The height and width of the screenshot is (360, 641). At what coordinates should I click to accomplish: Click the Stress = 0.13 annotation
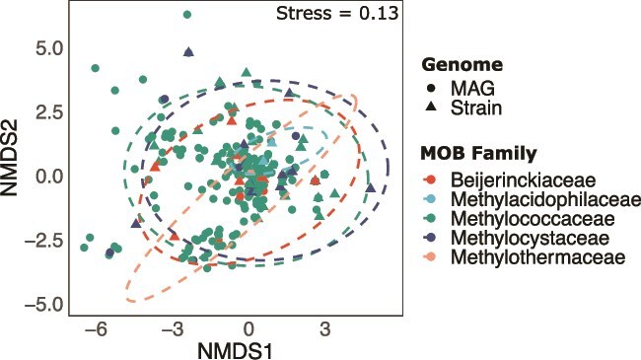[x=337, y=14]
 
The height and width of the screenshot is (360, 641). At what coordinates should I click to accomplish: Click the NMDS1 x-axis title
[x=235, y=350]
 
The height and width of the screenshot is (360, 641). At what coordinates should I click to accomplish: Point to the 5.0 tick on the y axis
[x=49, y=49]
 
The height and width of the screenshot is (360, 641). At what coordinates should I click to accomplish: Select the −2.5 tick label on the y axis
[x=44, y=241]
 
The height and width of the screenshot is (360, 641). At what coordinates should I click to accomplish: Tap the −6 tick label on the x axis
[x=96, y=328]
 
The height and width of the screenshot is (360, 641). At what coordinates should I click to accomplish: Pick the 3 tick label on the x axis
[x=325, y=328]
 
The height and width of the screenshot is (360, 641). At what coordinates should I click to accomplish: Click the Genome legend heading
[x=462, y=65]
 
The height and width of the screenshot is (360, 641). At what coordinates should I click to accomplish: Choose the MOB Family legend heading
[x=478, y=154]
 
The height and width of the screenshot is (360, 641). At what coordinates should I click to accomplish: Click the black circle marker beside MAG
[x=431, y=88]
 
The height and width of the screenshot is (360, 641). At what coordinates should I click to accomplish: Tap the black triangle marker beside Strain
[x=431, y=108]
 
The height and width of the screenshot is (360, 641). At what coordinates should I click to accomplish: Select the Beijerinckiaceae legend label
[x=524, y=180]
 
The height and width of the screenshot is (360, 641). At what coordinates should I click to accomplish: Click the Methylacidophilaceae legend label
[x=545, y=199]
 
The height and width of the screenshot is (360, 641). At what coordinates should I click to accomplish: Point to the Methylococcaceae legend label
[x=533, y=219]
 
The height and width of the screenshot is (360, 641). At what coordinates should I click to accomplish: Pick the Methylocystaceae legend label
[x=531, y=238]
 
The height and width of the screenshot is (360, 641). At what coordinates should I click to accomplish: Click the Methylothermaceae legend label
[x=538, y=257]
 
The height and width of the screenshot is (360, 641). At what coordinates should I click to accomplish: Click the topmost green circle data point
[x=187, y=15]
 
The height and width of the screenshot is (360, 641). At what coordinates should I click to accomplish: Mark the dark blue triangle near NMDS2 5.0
[x=188, y=52]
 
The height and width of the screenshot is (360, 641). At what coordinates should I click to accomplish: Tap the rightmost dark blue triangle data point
[x=371, y=188]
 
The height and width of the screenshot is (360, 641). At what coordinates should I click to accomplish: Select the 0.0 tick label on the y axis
[x=49, y=178]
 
